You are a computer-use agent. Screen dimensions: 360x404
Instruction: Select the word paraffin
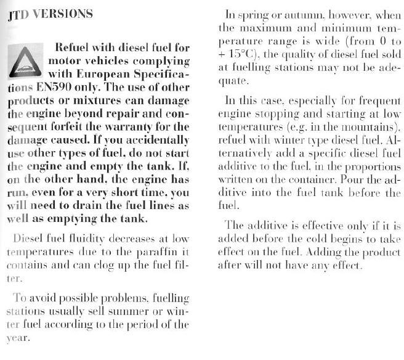coord(158,251)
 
